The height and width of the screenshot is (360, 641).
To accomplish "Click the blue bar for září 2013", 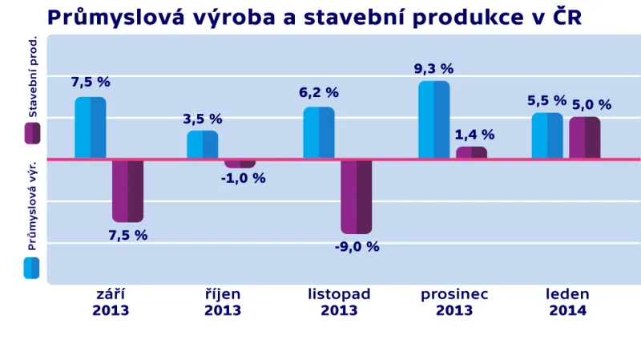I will click(x=91, y=128).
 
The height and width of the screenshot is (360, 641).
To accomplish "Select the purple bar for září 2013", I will click(x=127, y=191).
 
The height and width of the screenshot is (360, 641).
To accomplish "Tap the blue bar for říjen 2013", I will click(x=203, y=145).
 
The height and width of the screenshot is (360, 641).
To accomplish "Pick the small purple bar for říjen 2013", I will click(x=240, y=164).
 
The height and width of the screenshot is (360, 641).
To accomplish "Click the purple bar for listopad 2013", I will click(x=356, y=196).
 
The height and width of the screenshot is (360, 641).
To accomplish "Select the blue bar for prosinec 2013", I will click(x=433, y=120).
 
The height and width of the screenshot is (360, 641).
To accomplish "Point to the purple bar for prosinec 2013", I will click(x=471, y=152).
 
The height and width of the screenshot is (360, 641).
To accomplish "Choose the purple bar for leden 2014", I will click(x=585, y=138).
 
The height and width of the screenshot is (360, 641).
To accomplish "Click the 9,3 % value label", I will click(x=433, y=69).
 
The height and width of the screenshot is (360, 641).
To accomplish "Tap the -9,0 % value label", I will click(x=357, y=247).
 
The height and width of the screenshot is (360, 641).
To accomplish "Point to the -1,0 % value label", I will click(x=243, y=179).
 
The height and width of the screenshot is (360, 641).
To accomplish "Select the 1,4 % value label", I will click(x=474, y=135).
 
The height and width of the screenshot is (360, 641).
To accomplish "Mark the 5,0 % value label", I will click(x=591, y=105).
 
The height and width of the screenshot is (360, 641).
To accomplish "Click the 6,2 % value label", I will click(x=319, y=93).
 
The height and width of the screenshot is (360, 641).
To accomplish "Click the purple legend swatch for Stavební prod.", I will click(x=32, y=133).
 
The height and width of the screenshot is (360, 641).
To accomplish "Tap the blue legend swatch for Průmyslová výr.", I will click(x=32, y=268).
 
